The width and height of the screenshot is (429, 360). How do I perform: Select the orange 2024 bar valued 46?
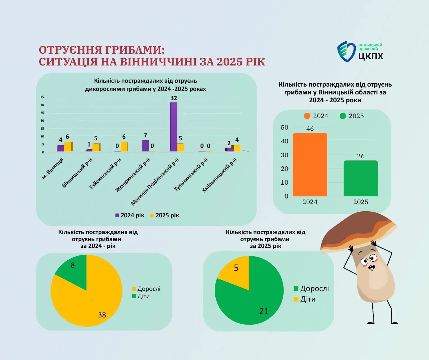(310, 165)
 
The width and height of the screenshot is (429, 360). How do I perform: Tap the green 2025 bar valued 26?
(360, 178)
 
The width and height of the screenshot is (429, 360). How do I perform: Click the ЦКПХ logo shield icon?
(346, 51)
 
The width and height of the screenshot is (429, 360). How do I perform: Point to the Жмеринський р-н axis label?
(133, 175)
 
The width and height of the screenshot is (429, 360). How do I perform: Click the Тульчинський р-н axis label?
(191, 175)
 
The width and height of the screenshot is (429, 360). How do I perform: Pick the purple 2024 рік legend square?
(117, 215)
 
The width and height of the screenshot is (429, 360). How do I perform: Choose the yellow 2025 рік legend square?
(152, 215)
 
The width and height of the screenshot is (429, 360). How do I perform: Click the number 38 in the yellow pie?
(102, 315)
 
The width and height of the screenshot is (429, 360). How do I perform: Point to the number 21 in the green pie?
(264, 311)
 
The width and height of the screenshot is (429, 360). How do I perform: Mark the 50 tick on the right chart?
(284, 128)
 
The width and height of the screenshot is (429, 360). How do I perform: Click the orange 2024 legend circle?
(307, 116)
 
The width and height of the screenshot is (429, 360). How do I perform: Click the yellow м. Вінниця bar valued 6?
(68, 147)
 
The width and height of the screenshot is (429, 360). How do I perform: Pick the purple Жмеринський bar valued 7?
(145, 146)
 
